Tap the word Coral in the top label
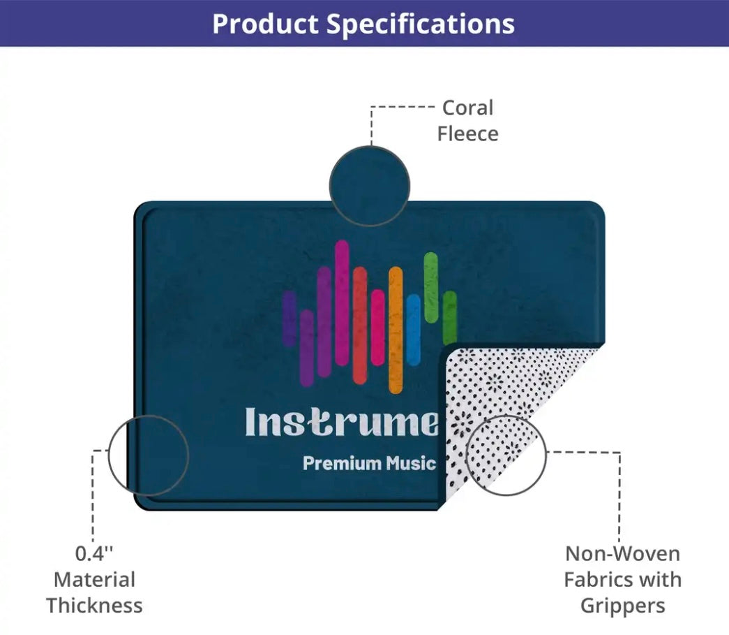467,108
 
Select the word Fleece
467,133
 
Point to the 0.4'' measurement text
94,553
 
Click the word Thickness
94,605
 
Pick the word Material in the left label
94,580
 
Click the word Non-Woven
622,553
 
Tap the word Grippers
622,606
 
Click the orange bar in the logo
396,330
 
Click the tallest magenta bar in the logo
342,303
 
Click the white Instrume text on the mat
342,422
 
